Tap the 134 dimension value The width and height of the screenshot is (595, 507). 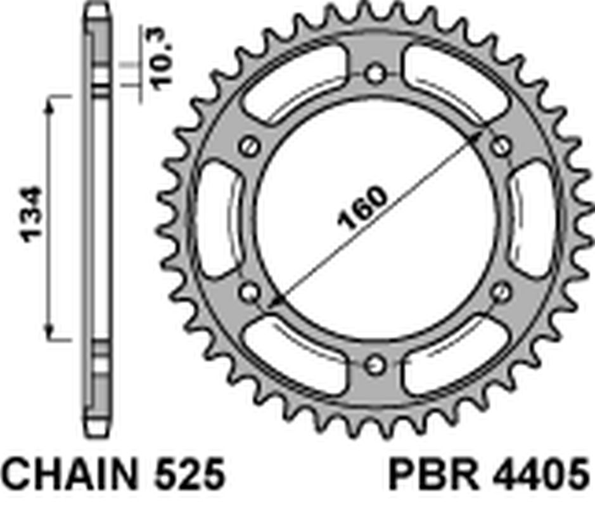pyautogui.click(x=31, y=215)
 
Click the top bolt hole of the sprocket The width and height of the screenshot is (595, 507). pyautogui.click(x=375, y=73)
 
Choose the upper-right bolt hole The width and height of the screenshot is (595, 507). pyautogui.click(x=501, y=146)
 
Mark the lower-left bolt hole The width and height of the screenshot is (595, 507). pyautogui.click(x=250, y=292)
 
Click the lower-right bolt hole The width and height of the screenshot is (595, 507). pyautogui.click(x=501, y=292)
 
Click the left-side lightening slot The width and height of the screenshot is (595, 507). pyautogui.click(x=217, y=219)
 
